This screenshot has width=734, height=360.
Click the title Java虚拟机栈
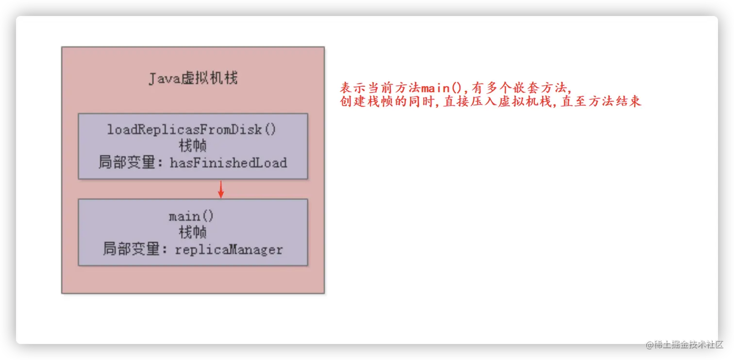pyautogui.click(x=193, y=78)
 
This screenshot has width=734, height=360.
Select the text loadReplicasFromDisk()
pyautogui.click(x=192, y=130)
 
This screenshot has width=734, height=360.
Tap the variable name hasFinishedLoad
pyautogui.click(x=228, y=163)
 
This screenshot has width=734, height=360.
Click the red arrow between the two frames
pyautogui.click(x=221, y=189)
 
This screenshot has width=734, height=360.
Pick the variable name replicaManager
pyautogui.click(x=229, y=250)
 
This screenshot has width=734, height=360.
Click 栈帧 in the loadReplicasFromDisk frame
pyautogui.click(x=193, y=146)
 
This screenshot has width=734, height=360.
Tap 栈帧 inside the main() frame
pyautogui.click(x=193, y=233)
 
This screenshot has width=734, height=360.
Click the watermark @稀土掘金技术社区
pyautogui.click(x=684, y=344)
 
